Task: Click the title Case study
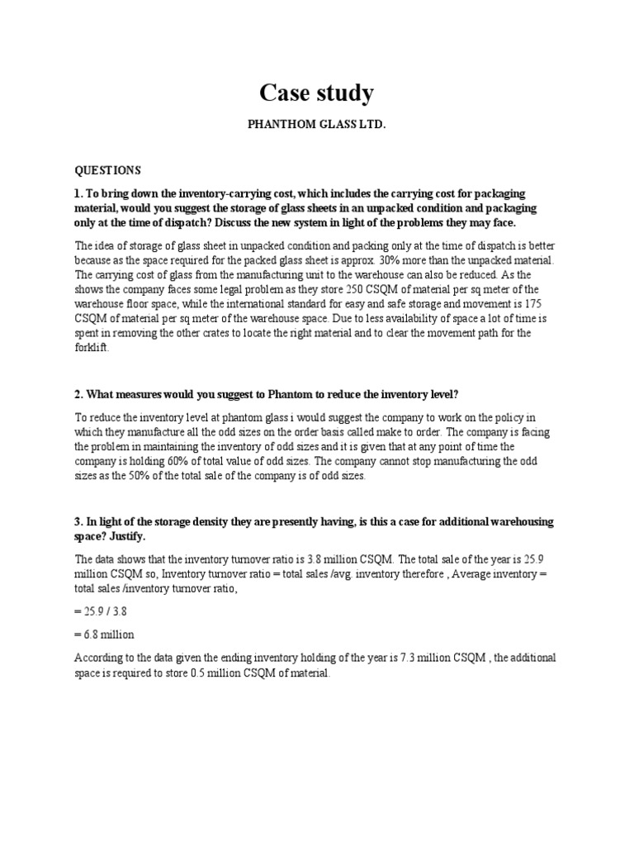[316, 93]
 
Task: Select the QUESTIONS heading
[108, 170]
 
